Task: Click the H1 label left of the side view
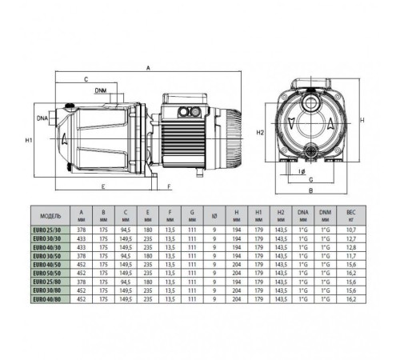point(28,141)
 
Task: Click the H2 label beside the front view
point(259,133)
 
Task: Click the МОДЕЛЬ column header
point(50,215)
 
